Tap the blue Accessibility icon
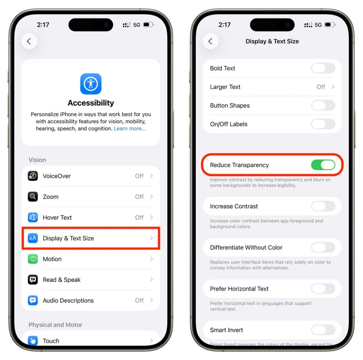(x=91, y=84)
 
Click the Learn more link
(x=130, y=129)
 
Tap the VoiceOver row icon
(x=33, y=176)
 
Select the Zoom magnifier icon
(x=33, y=197)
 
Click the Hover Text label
(x=57, y=218)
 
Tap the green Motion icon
(x=33, y=259)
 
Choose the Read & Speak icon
(x=33, y=280)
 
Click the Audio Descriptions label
(x=68, y=301)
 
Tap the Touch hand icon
(x=33, y=341)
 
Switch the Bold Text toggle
(x=323, y=68)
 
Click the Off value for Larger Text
(x=321, y=87)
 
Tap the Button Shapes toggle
(x=323, y=106)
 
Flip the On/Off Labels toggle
(x=323, y=124)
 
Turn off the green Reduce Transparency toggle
(x=323, y=165)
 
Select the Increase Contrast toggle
(x=323, y=206)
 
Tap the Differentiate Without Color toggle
(x=323, y=248)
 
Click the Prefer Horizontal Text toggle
(x=323, y=289)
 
